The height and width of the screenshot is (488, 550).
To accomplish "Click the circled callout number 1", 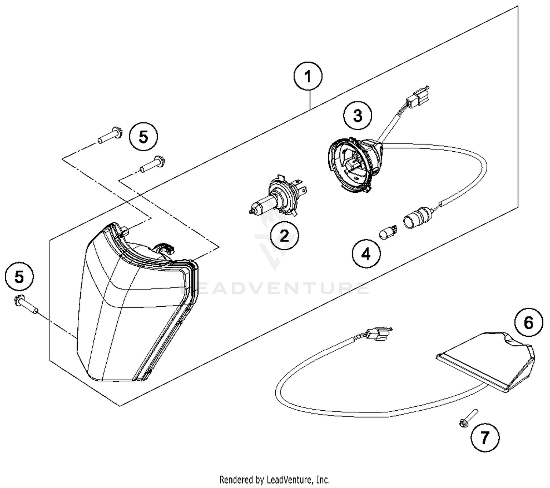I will (308, 77).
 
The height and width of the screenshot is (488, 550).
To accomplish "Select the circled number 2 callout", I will (285, 236).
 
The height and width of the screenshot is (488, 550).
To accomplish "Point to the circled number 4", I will (366, 254).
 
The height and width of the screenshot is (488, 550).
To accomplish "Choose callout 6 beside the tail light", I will (528, 323).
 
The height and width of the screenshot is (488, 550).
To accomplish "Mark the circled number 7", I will (485, 437).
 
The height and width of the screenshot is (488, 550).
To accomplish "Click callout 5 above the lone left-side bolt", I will (19, 277).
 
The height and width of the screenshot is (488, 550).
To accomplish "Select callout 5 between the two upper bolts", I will (143, 137).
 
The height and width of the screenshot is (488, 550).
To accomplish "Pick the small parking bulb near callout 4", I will (388, 232).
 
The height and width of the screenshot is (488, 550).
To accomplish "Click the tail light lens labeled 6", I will (488, 361).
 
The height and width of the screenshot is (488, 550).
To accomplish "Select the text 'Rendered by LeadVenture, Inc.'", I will (274, 479).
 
